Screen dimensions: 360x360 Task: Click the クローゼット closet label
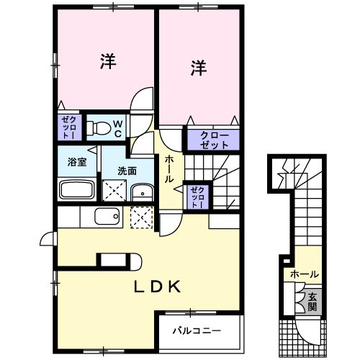point(209,140)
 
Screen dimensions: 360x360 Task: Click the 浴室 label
point(77,161)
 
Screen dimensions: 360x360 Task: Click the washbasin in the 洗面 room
point(143,192)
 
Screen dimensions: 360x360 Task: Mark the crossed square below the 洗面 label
point(114,191)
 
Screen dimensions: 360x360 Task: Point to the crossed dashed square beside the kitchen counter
point(142,216)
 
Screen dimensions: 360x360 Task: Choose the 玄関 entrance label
point(312,301)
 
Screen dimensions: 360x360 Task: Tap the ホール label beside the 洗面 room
point(168,168)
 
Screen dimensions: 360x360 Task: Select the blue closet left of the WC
point(67,127)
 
